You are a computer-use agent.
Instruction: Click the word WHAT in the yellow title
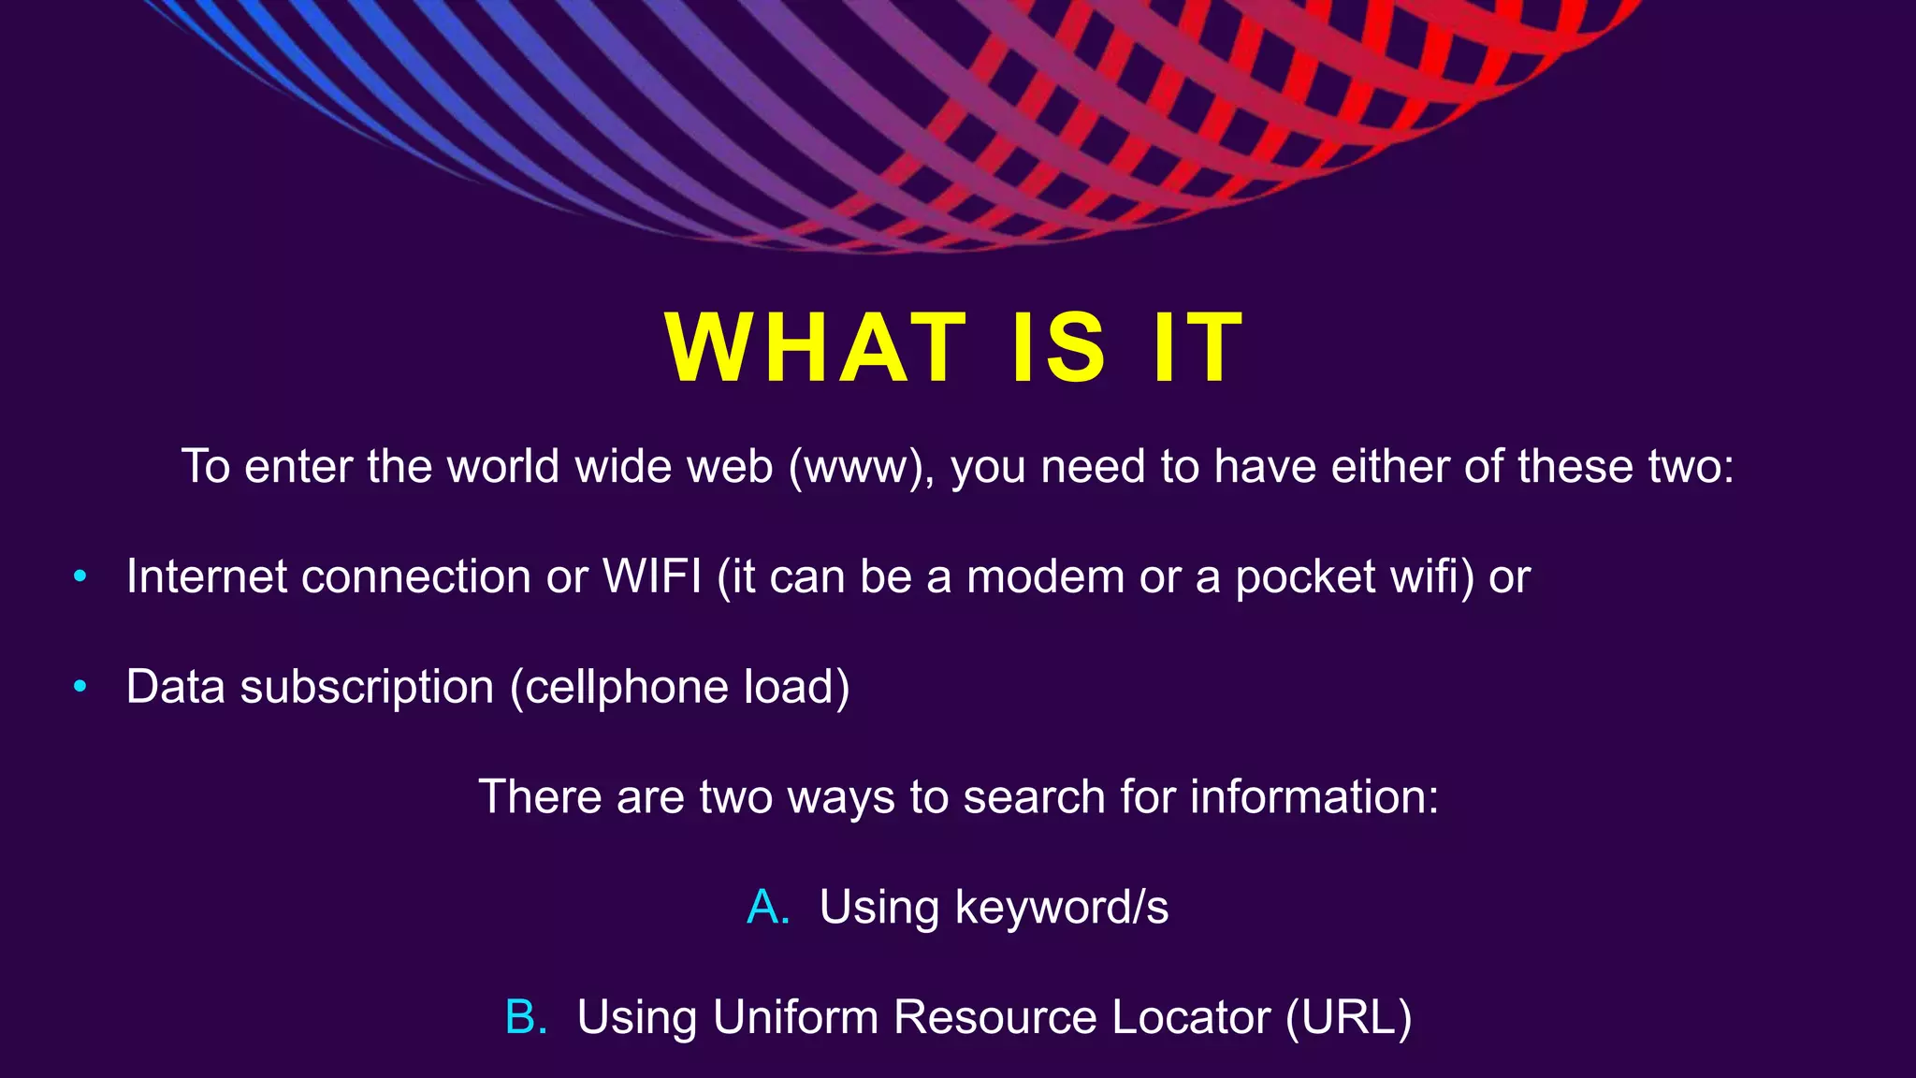point(815,347)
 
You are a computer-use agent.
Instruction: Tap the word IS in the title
point(1060,347)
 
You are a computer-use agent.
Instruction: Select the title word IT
point(1198,347)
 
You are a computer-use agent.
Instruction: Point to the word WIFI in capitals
point(652,576)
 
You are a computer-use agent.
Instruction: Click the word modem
point(1045,576)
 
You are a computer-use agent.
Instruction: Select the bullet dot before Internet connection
point(80,576)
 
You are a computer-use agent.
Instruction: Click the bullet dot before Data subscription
point(80,687)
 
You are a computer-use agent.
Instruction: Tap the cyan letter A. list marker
point(768,907)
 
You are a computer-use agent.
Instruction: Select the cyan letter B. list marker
point(526,1017)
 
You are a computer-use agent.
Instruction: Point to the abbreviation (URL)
point(1348,1017)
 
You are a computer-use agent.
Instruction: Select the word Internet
point(207,576)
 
